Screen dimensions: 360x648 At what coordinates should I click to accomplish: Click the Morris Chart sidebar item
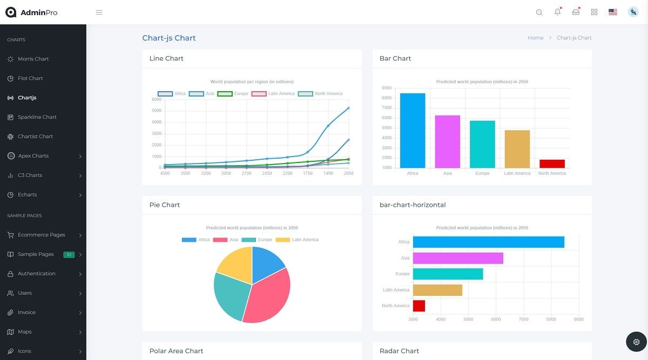[x=33, y=59]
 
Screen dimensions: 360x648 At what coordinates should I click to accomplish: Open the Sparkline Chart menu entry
[x=37, y=117]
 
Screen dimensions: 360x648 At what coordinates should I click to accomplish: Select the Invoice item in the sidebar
[x=26, y=313]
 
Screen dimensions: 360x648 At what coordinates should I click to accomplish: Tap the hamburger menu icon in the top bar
[x=99, y=12]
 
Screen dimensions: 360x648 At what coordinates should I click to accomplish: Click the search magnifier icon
[x=539, y=12]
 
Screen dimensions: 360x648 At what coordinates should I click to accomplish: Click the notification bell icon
[x=557, y=12]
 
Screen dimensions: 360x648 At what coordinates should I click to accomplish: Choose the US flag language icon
[x=612, y=12]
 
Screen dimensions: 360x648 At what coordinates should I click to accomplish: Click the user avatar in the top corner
[x=633, y=12]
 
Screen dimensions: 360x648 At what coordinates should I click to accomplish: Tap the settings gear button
[x=636, y=342]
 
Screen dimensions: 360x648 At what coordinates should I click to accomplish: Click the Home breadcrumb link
[x=535, y=38]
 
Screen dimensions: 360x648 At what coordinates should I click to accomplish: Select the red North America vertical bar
[x=552, y=164]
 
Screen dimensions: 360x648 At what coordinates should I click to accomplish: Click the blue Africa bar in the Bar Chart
[x=413, y=131]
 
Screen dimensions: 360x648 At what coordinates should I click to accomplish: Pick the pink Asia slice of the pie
[x=267, y=297]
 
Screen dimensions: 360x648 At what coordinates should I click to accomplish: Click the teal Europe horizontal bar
[x=448, y=274]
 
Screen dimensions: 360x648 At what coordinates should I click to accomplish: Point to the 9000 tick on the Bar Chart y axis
[x=387, y=88]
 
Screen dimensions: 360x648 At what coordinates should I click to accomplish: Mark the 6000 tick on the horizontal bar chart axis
[x=496, y=320]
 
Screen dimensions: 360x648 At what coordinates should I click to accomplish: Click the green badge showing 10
[x=69, y=255]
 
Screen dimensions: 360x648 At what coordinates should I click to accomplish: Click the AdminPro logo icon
[x=11, y=12]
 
